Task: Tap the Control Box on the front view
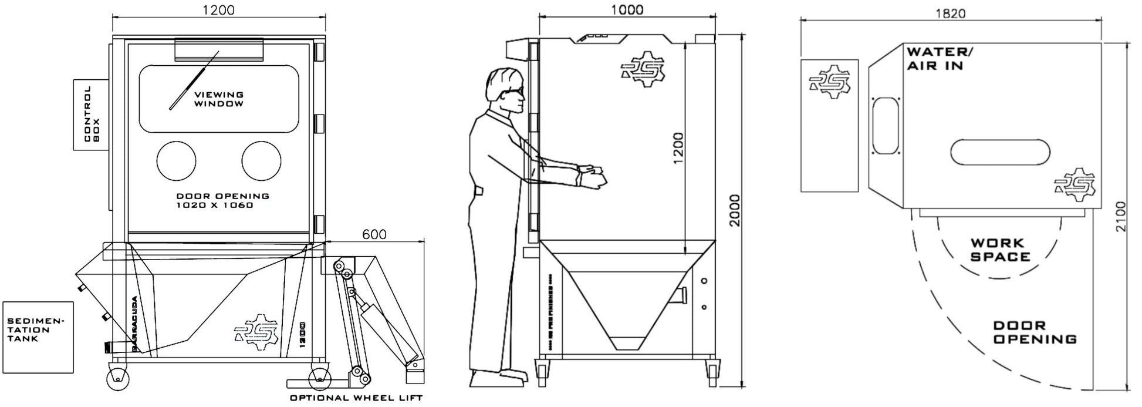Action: [91, 115]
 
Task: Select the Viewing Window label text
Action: [219, 99]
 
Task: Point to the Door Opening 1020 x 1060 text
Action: [222, 201]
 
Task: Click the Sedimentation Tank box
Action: [38, 337]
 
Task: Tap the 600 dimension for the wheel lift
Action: [374, 234]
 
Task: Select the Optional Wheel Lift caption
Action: [356, 398]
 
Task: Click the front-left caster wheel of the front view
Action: [118, 378]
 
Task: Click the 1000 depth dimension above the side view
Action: [627, 9]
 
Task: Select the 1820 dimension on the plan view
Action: [950, 14]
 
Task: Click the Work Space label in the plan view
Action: [1000, 250]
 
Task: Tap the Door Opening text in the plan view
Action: [1035, 332]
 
